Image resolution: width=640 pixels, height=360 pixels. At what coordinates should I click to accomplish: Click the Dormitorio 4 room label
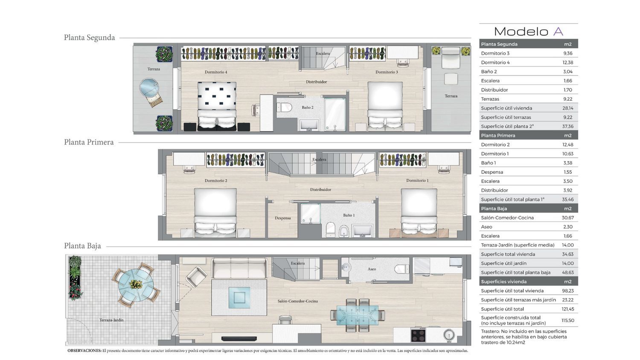point(216,72)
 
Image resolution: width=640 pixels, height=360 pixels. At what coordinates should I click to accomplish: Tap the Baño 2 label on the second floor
point(308,107)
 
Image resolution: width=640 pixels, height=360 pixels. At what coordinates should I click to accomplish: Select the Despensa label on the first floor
point(282,218)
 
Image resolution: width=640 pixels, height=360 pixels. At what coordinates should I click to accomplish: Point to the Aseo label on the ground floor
point(372,269)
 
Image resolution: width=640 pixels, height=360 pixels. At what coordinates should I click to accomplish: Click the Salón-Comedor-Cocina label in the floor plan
point(297,301)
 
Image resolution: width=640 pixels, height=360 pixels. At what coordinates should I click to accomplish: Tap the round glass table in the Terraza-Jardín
point(136,285)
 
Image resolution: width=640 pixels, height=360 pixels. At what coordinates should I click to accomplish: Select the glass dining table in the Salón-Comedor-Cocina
point(358,315)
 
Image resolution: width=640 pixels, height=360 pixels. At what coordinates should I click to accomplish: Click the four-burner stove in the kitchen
point(418,335)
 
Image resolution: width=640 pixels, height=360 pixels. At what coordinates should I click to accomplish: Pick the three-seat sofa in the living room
point(239,268)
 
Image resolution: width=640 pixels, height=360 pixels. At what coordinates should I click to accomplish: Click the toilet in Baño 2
point(284,108)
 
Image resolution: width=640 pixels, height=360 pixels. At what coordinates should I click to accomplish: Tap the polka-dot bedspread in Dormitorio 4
point(217,96)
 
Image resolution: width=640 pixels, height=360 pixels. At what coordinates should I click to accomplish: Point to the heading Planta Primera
point(89,142)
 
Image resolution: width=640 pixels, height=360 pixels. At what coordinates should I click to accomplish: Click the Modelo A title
point(529,32)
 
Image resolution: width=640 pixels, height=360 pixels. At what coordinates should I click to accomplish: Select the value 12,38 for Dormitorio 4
point(568,62)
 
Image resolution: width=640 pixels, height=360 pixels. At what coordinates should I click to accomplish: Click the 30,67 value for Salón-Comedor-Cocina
point(568,218)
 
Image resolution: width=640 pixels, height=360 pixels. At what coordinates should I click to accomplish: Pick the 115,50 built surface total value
point(568,321)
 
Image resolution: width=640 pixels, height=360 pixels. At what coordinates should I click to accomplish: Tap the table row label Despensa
point(492,172)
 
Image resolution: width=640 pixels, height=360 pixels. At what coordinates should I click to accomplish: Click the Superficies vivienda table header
point(504,282)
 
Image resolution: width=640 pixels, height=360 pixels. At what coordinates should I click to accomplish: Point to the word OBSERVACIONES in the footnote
point(84,351)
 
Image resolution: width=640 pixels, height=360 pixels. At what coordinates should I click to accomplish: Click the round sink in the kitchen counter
point(449,335)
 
